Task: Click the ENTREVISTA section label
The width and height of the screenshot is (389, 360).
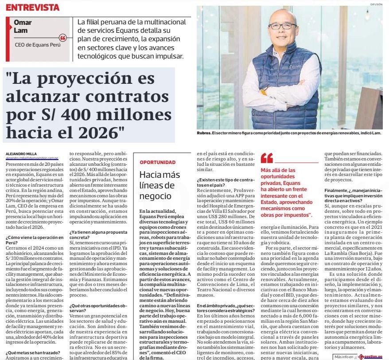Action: point(33,7)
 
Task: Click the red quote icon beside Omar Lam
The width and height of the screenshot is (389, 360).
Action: point(62,38)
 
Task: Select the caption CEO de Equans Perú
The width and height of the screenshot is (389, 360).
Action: point(36,45)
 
